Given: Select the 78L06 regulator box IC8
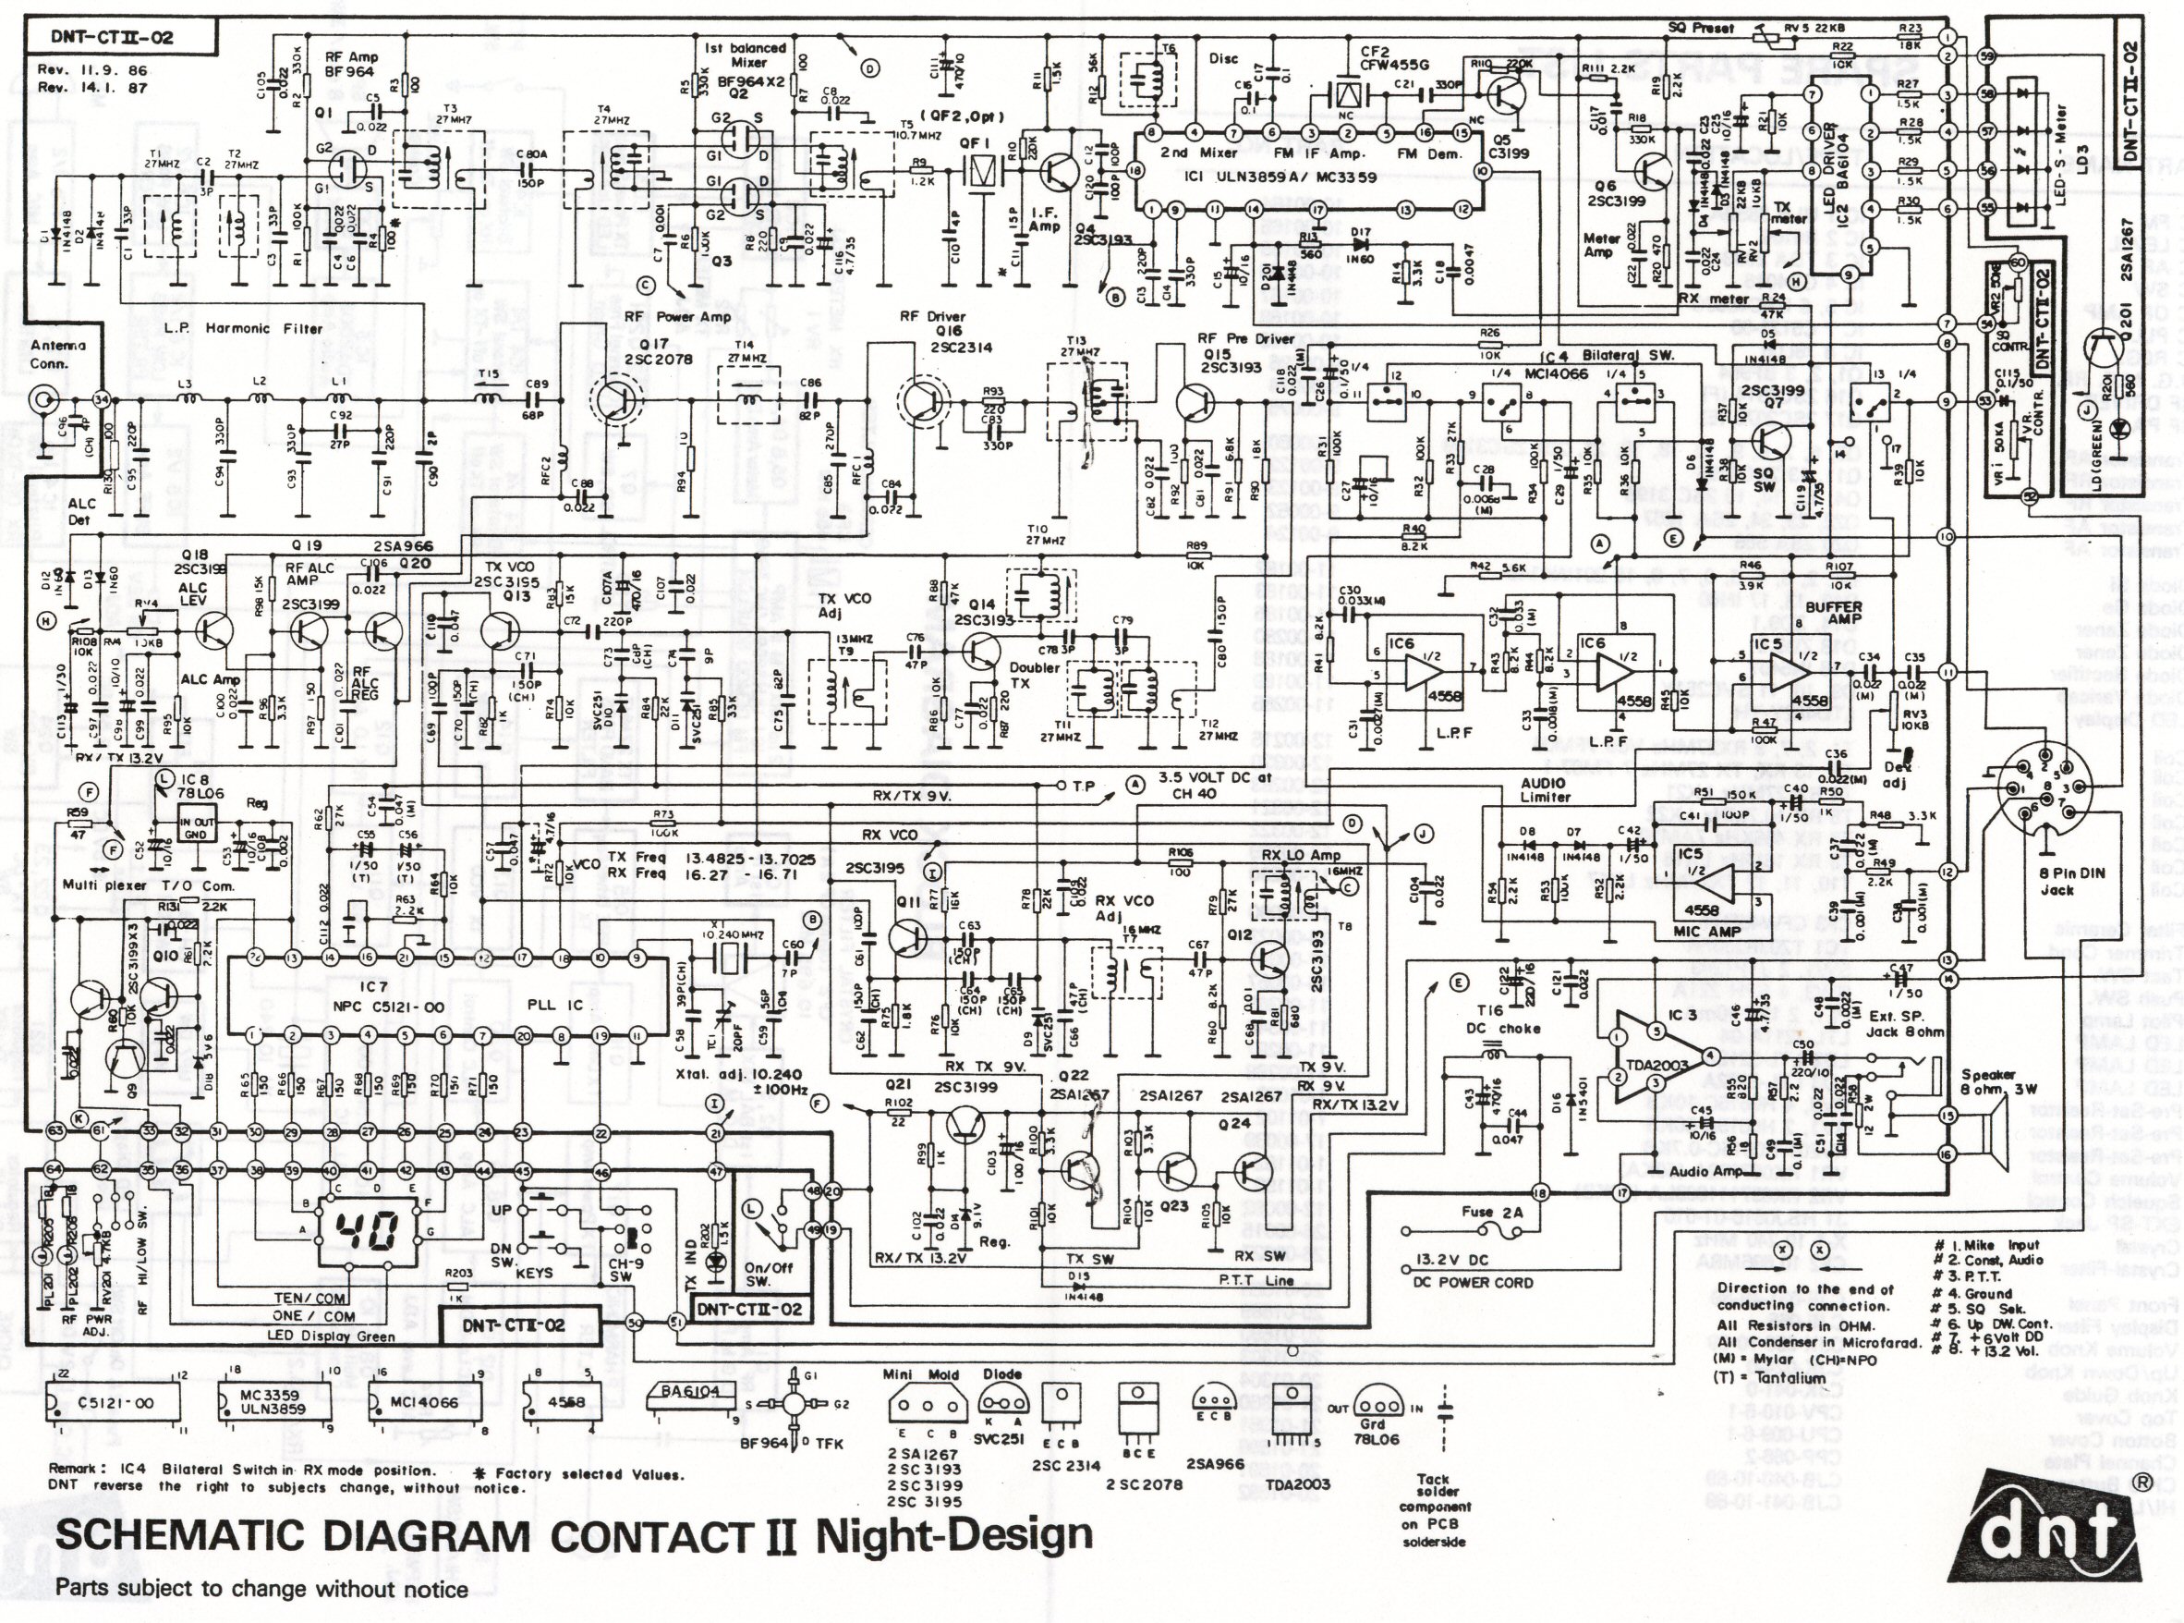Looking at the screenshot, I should [202, 830].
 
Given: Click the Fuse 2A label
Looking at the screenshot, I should [1492, 1211].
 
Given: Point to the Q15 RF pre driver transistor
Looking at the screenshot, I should [1195, 401].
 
